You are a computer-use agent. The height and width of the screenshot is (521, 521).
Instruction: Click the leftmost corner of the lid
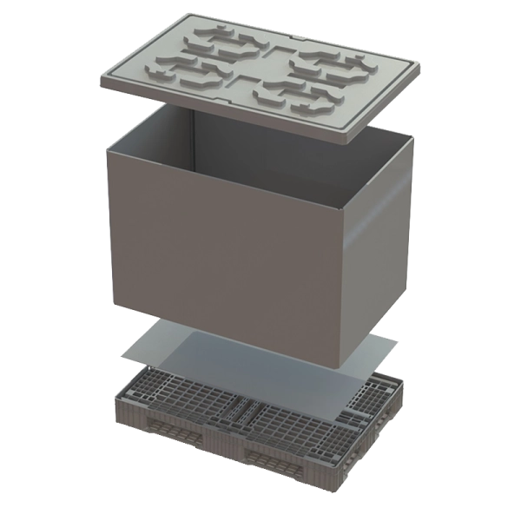pos(102,83)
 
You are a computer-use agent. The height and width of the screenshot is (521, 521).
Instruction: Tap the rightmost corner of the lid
pos(423,63)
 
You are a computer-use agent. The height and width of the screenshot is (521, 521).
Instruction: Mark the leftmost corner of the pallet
pos(114,399)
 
